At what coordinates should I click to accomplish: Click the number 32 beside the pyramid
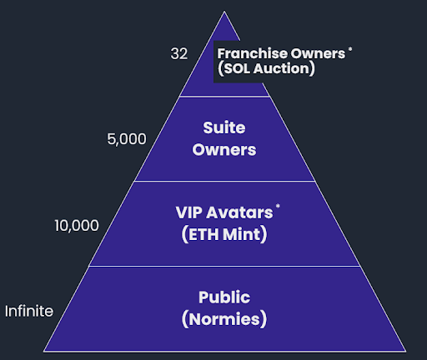(179, 53)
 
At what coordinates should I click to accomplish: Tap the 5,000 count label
(127, 139)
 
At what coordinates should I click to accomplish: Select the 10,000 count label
(77, 225)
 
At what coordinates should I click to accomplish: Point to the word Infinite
(29, 311)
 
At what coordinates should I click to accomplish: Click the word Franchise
(252, 53)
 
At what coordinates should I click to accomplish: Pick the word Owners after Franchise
(318, 54)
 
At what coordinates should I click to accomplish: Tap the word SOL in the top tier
(237, 68)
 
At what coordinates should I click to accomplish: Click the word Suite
(224, 128)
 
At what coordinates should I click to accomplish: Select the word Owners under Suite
(224, 150)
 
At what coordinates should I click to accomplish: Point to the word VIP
(189, 212)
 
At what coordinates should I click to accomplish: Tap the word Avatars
(239, 212)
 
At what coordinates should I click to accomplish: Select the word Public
(224, 297)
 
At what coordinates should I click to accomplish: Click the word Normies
(224, 319)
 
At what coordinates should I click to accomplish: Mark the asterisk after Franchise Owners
(350, 49)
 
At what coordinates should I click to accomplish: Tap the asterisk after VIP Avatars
(278, 206)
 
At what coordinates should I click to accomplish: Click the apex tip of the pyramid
(224, 11)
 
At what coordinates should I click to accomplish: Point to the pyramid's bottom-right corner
(406, 352)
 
